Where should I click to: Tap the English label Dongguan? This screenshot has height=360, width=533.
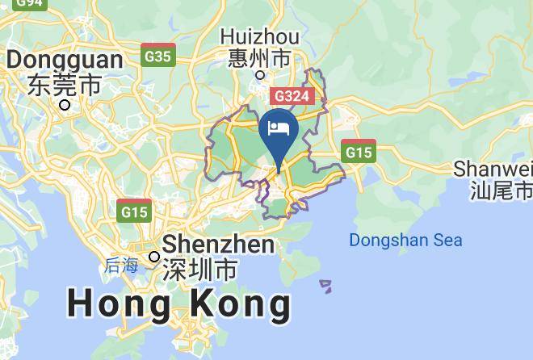click(65, 61)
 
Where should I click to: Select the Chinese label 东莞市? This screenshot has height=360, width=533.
click(65, 83)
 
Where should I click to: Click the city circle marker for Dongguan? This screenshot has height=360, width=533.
click(65, 104)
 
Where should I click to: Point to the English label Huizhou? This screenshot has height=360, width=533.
click(259, 37)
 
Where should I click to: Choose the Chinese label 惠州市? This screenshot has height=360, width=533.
click(259, 58)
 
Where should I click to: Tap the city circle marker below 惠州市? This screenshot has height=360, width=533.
click(260, 75)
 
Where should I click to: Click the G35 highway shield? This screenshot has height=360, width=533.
click(158, 56)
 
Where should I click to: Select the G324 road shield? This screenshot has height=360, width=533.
click(291, 94)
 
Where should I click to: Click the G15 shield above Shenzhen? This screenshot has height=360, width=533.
click(134, 211)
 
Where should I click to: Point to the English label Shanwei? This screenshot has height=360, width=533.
click(493, 169)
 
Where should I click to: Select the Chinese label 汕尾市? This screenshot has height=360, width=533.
click(502, 190)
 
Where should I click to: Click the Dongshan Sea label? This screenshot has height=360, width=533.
click(405, 240)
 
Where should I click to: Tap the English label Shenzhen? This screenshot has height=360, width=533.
click(219, 244)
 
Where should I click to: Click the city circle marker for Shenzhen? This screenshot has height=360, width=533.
click(154, 257)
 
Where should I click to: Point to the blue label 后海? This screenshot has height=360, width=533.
click(122, 266)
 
